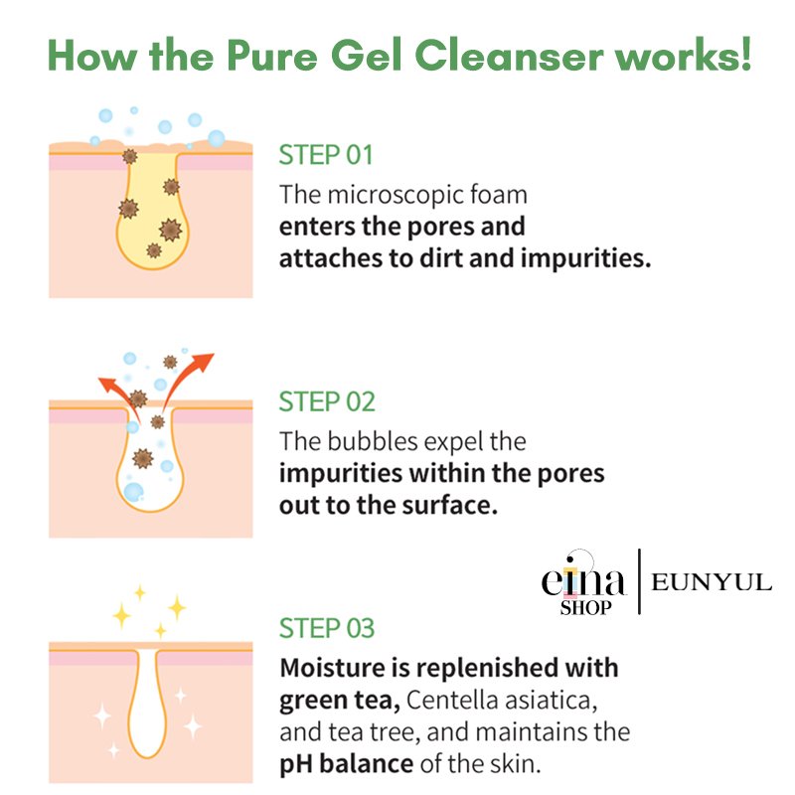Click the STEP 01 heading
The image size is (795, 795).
click(x=326, y=155)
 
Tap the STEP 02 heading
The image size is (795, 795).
click(x=327, y=402)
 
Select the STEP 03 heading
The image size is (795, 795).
click(x=327, y=628)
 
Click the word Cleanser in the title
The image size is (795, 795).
click(x=510, y=56)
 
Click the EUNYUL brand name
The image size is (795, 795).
click(x=712, y=582)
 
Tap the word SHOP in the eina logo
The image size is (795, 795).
click(x=585, y=607)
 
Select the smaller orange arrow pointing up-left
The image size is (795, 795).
click(x=119, y=397)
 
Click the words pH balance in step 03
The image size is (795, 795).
click(x=346, y=764)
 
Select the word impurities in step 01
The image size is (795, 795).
click(x=585, y=258)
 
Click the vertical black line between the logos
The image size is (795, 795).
click(x=639, y=581)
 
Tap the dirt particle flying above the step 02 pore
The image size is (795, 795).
click(x=170, y=362)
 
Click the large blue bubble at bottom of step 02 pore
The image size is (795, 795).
click(x=134, y=492)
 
